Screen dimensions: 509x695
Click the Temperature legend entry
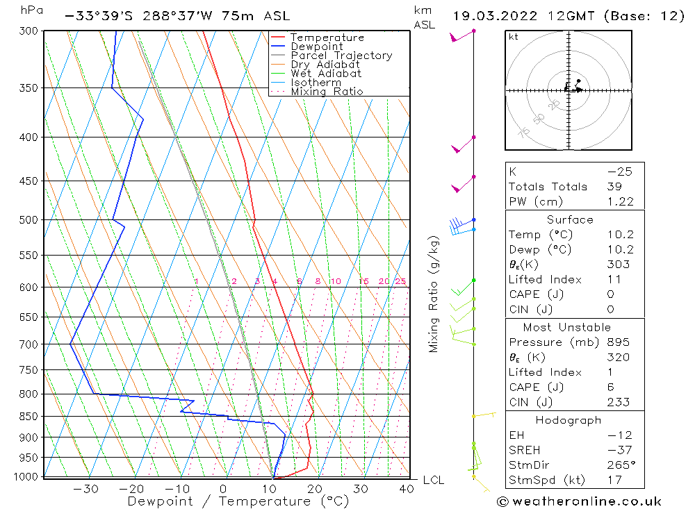coord(327,37)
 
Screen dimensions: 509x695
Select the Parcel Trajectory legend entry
coord(341,56)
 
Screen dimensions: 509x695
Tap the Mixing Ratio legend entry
coord(327,92)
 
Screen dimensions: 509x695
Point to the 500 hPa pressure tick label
coord(30,220)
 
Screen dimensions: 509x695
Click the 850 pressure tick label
coord(30,417)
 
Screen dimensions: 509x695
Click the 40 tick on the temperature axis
coord(407,489)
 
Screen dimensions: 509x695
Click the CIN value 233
coord(617,402)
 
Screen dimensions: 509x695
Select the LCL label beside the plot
coord(433,480)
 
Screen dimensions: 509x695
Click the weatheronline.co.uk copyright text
coord(580,501)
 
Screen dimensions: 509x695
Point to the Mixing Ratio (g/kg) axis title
coord(434,294)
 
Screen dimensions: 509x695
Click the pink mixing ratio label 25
coord(400,281)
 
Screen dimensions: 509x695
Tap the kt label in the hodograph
coord(514,37)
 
